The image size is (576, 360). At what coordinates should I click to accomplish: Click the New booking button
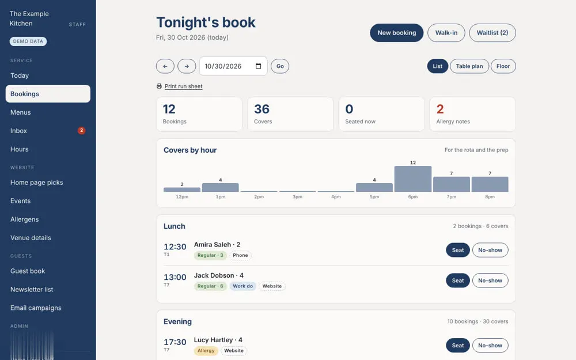396,33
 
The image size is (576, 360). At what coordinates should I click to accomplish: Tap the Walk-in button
446,33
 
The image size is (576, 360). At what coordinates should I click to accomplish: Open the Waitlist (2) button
492,33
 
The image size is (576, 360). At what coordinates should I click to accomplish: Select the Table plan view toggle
469,66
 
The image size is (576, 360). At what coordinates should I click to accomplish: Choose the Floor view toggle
503,66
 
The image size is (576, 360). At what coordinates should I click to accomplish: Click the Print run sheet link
183,86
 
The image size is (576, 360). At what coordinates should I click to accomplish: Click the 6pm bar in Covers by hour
413,179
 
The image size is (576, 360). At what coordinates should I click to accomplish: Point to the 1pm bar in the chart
221,187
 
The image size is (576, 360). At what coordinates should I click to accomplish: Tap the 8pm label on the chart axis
490,197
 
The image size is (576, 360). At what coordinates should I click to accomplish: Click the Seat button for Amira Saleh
458,250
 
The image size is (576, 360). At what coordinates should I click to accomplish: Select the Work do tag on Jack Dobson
243,286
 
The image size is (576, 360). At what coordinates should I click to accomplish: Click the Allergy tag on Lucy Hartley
206,351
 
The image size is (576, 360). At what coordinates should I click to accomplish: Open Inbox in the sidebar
19,131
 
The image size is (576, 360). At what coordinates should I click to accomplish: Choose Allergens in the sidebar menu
25,219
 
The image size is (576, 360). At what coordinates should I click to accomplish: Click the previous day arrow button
165,66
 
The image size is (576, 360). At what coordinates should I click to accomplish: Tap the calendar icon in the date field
258,66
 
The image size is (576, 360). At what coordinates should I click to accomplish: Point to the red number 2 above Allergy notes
440,109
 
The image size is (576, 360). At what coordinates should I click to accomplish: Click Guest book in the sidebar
28,271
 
